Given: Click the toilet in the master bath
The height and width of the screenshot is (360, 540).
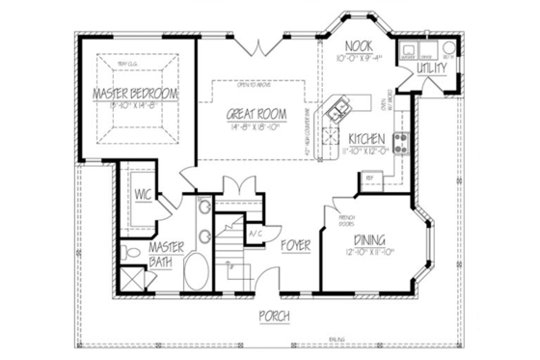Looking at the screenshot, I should (132, 253).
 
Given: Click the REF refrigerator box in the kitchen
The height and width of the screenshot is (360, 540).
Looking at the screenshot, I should (368, 178).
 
